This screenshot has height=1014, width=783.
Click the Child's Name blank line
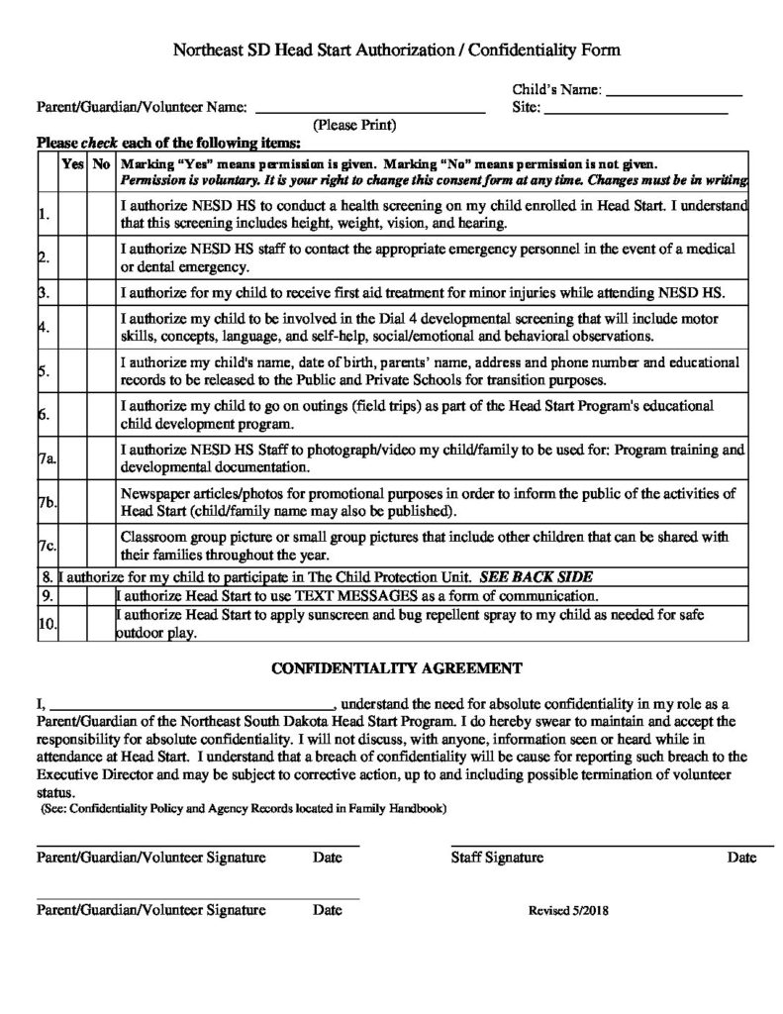click(673, 93)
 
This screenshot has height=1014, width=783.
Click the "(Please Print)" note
click(354, 126)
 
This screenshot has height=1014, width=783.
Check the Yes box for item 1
click(73, 214)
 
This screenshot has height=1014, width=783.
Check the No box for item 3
click(101, 294)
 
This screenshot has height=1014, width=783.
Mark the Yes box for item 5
click(73, 372)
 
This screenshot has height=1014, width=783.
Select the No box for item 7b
click(101, 503)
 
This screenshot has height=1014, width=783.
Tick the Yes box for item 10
click(73, 624)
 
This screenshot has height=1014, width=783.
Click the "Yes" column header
click(73, 163)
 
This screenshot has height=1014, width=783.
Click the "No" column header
click(101, 163)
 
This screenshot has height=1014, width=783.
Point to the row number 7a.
click(47, 459)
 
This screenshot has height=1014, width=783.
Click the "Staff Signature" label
click(497, 858)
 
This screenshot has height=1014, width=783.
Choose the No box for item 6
click(101, 416)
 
